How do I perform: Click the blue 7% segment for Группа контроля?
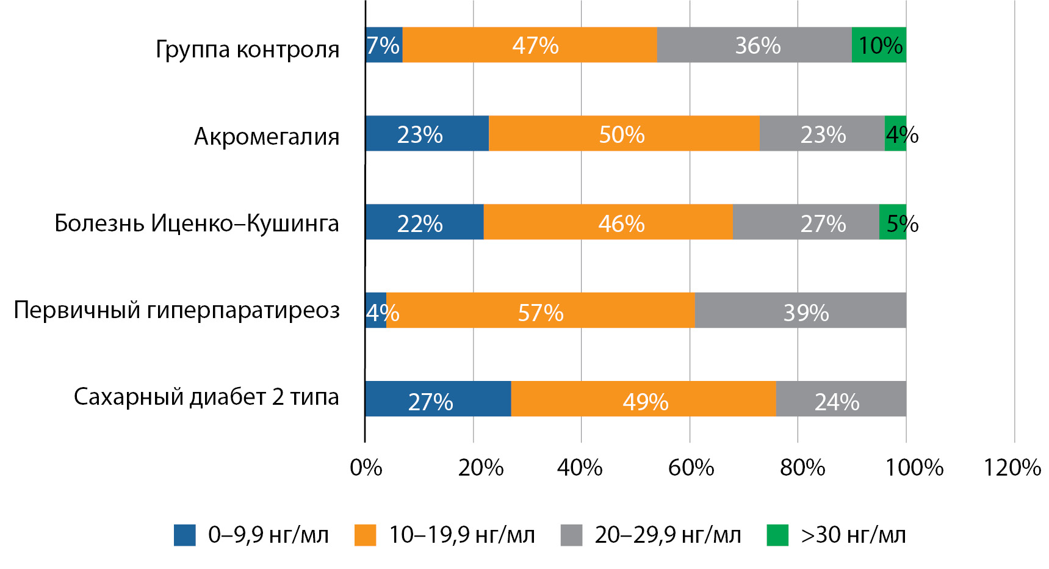pos(384,45)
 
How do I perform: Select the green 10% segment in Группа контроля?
pos(879,45)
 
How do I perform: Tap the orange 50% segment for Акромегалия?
pos(624,134)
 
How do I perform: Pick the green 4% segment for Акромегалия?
pos(895,134)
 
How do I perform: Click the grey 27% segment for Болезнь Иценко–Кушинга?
pos(806,222)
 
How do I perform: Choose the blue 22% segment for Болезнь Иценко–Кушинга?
pos(424,222)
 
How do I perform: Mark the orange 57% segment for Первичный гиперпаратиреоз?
pos(540,311)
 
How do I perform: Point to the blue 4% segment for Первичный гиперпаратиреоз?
pos(376,311)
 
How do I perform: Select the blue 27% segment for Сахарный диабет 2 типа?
pos(438,399)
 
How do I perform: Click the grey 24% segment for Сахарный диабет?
pos(840,399)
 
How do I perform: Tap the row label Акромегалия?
pos(267,136)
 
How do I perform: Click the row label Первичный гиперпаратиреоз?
pos(176,310)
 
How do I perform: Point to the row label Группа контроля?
pos(247,49)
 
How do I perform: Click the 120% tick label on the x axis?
pos(1012,468)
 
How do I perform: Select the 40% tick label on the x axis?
pos(580,468)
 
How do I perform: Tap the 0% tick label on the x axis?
pos(366,468)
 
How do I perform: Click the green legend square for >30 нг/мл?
pos(777,535)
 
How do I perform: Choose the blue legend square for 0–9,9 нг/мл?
pos(185,535)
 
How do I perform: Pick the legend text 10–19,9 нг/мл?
pos(462,535)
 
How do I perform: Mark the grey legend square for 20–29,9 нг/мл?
pos(571,535)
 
